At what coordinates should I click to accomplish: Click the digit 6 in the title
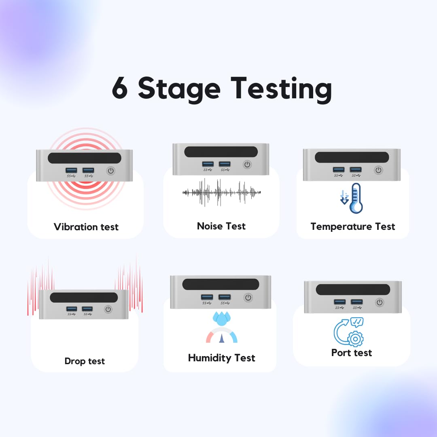[x=120, y=88]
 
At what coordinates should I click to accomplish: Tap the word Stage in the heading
[x=179, y=90]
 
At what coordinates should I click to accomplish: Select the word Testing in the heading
[x=281, y=90]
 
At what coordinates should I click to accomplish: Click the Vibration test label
[x=86, y=227]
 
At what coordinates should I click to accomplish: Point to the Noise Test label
[x=221, y=226]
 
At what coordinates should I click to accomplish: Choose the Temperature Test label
[x=353, y=227]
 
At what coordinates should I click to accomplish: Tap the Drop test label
[x=85, y=361]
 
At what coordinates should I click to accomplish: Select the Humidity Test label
[x=222, y=358]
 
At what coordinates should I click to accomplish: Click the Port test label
[x=352, y=353]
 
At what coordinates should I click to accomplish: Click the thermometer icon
[x=356, y=198]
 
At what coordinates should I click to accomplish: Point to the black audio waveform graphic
[x=221, y=192]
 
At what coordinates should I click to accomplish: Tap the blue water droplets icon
[x=222, y=318]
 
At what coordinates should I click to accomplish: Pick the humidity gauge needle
[x=222, y=338]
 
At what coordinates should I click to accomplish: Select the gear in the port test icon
[x=355, y=339]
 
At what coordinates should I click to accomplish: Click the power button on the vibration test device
[x=110, y=171]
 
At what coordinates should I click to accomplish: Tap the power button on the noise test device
[x=247, y=164]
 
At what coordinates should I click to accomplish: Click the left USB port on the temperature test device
[x=339, y=170]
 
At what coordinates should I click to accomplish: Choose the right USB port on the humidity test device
[x=224, y=297]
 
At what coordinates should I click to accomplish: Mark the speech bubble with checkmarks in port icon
[x=357, y=322]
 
